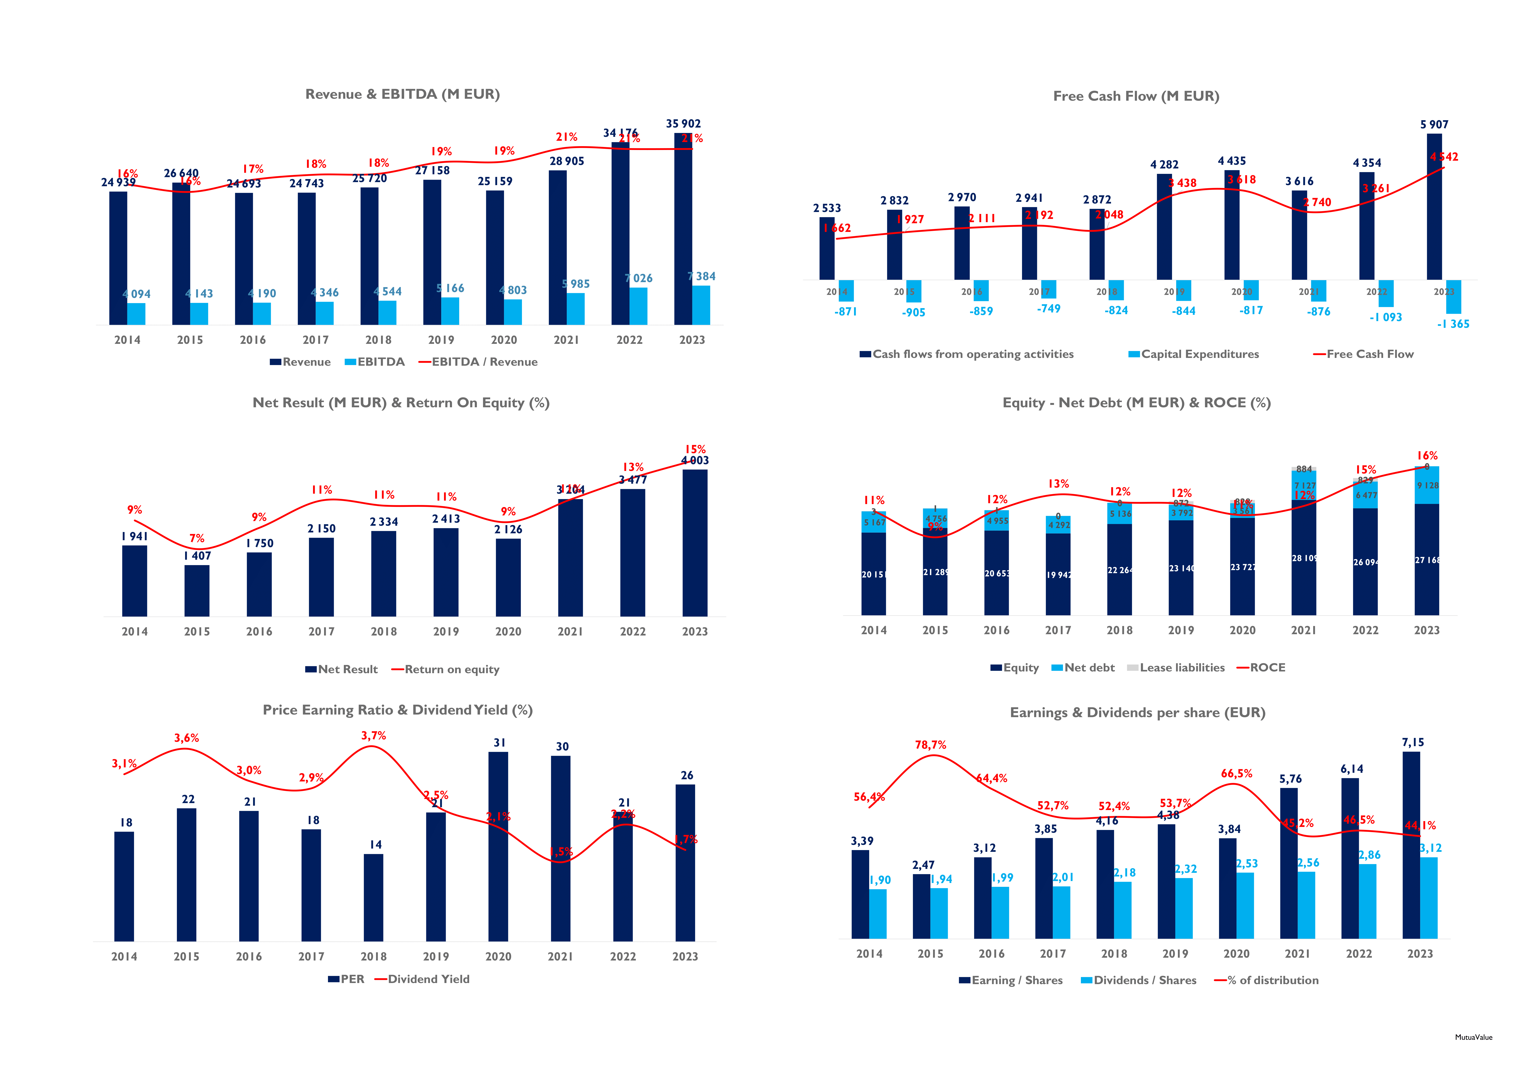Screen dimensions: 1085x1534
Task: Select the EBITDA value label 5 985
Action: click(576, 284)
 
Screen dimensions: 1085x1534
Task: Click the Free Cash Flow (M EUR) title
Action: click(1136, 96)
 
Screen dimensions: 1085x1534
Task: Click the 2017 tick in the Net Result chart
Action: click(321, 631)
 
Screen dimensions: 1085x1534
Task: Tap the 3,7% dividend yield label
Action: click(373, 736)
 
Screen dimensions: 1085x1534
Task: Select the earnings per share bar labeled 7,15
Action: click(1411, 845)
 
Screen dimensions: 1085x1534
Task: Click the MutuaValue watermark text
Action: click(1473, 1038)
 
